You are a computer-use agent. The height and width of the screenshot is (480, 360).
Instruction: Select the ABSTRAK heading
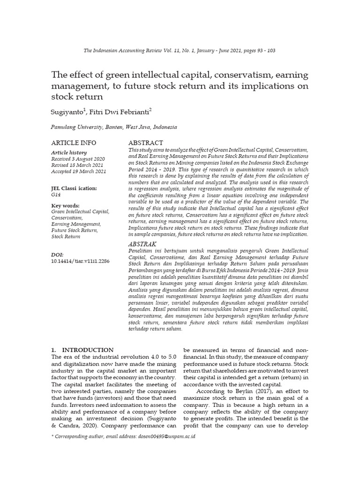(142, 244)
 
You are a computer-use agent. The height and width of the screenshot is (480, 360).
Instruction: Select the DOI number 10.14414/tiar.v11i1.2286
(80, 261)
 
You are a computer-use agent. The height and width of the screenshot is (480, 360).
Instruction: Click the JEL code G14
(55, 194)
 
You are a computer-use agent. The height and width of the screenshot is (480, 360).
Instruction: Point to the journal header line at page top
(180, 51)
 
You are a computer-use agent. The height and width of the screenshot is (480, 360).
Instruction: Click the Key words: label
(65, 205)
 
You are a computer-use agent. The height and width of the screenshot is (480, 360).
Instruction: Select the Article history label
(68, 153)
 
